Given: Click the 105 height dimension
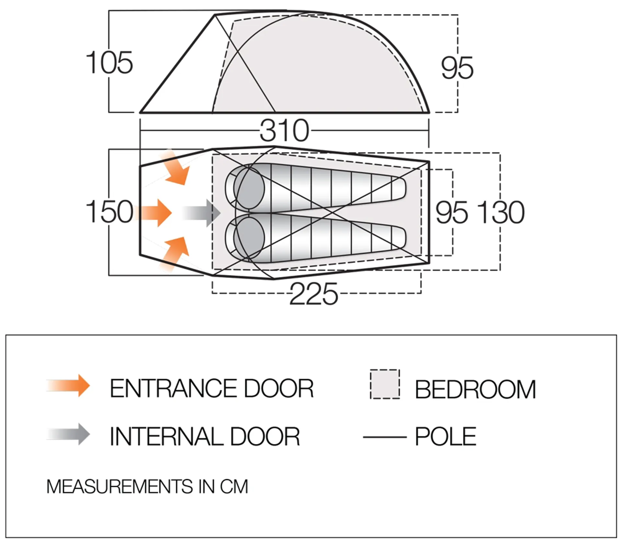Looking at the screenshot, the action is tap(109, 63).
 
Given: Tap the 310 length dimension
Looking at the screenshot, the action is tap(284, 131).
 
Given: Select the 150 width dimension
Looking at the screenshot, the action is tap(109, 212).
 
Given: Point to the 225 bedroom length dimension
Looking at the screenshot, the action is tap(313, 294).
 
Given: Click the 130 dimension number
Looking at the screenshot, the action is tap(501, 212).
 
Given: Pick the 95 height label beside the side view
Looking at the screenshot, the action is tap(457, 68).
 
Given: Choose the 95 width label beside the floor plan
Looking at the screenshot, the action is tap(452, 212).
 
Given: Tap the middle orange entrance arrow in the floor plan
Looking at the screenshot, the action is tap(152, 213).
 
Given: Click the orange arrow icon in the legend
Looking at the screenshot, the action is tap(68, 385).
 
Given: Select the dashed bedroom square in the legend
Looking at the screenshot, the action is tap(385, 384).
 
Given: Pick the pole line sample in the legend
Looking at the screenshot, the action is tap(385, 437).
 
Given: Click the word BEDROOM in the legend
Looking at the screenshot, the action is tap(476, 389).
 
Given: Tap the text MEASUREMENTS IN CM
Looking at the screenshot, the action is tap(147, 487).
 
